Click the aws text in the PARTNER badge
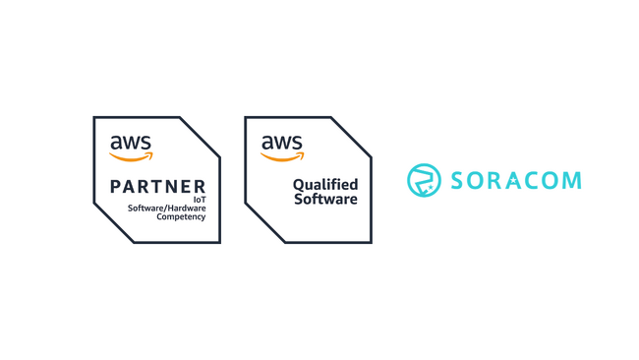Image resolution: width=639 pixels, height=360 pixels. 130,143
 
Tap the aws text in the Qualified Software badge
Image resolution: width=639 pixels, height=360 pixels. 281,143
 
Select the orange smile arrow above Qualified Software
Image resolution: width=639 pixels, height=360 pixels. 282,154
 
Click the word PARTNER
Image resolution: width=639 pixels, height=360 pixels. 158,186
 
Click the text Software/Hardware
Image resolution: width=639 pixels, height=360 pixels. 167,208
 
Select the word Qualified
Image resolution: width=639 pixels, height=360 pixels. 325,184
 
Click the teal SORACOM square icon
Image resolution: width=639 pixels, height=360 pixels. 423,180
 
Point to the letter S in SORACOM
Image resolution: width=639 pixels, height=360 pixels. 457,180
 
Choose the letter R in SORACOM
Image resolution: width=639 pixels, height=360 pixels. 495,180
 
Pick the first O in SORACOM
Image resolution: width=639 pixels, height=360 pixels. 476,180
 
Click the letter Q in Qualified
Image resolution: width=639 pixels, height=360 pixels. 298,184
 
